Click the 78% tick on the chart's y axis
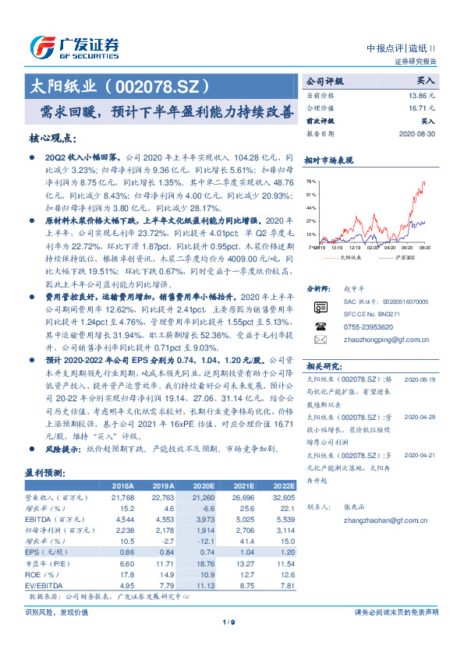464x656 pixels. [312, 182]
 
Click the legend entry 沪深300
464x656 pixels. [403, 256]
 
